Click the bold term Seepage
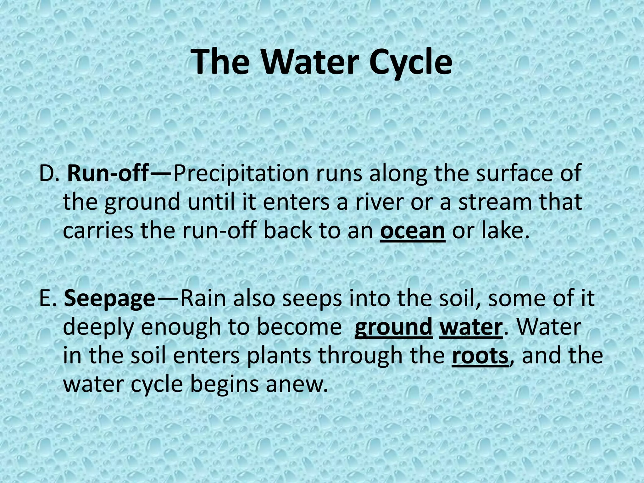pos(109,298)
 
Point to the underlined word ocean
pos(413,231)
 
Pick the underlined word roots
pos(480,356)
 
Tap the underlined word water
pos(470,327)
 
